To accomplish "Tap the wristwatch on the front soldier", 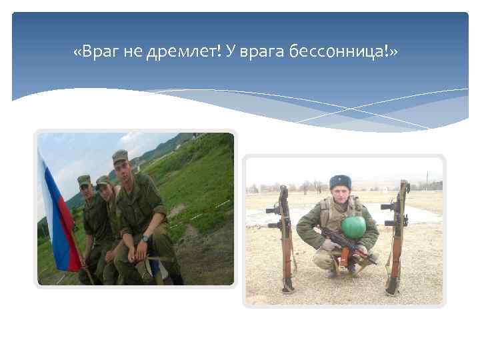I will click(145, 238).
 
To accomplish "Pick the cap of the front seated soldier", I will click(120, 156).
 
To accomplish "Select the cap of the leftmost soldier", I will click(83, 179).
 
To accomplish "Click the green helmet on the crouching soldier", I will click(353, 227).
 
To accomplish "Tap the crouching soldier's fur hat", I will click(340, 181).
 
